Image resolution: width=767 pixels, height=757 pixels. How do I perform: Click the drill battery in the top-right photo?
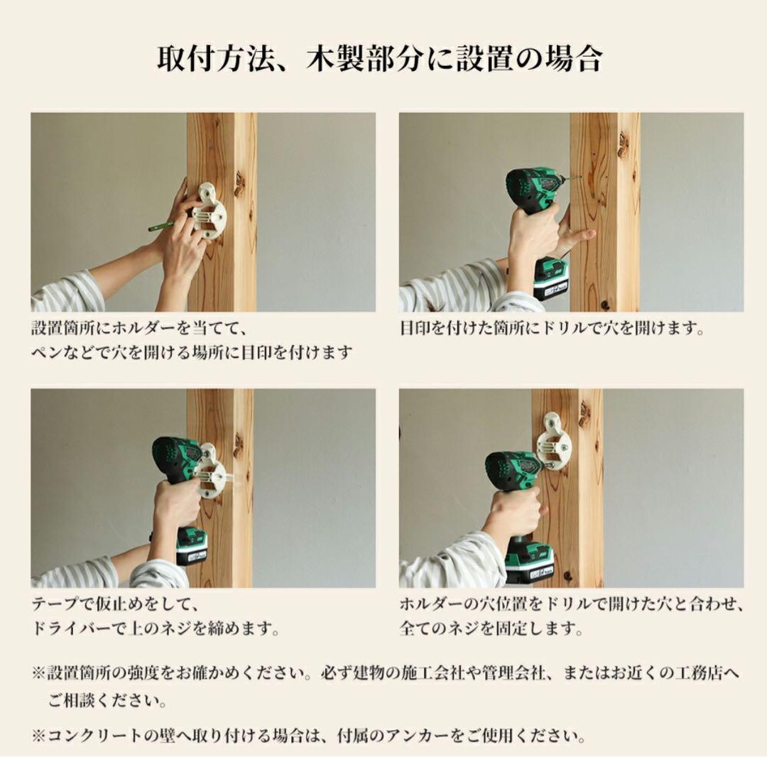click(x=550, y=279)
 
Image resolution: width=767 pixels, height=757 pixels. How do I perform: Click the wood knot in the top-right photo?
click(x=622, y=145)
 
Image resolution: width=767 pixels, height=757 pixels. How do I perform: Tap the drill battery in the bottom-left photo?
click(x=190, y=548)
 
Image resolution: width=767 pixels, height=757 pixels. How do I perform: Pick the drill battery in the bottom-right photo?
click(x=529, y=561)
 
